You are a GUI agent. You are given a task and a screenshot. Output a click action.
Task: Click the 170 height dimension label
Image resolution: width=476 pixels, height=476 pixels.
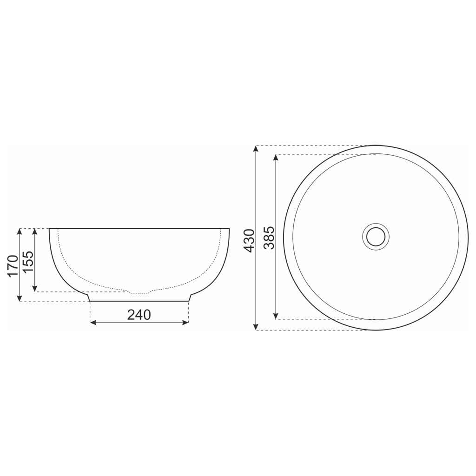point(13,265)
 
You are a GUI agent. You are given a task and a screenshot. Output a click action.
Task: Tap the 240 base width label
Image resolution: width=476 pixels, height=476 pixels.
point(139,315)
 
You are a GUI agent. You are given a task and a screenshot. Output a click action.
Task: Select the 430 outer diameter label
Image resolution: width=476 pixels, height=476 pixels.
point(249,240)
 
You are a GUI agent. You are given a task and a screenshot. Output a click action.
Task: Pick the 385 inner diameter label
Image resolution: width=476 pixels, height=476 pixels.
point(269,238)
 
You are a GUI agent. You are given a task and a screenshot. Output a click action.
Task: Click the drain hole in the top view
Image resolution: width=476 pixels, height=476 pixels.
point(375,237)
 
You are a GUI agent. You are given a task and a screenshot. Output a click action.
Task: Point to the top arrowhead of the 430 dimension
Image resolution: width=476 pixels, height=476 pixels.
point(256,148)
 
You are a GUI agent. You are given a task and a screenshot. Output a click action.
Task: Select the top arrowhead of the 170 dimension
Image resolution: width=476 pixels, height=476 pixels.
point(20,231)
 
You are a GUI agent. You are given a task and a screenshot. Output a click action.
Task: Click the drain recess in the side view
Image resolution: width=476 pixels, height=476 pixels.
point(139,293)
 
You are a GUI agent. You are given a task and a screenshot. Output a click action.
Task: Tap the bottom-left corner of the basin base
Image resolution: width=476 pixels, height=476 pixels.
point(90,301)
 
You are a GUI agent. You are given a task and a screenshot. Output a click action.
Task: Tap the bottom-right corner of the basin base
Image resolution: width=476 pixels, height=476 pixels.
point(189,301)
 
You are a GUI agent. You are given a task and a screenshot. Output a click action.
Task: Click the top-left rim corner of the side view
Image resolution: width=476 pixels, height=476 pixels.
point(49,229)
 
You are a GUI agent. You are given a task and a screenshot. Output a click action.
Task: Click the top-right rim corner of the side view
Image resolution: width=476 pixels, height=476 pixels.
point(230,229)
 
